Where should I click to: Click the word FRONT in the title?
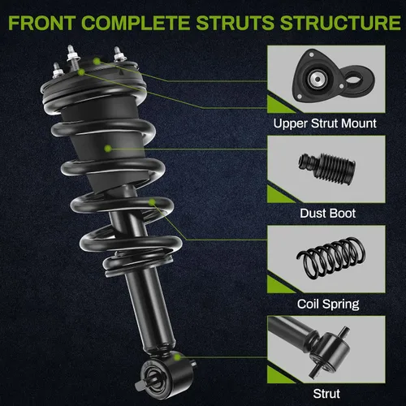[x=41, y=23]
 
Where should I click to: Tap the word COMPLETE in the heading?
[x=136, y=23]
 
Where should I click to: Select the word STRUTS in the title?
[x=235, y=23]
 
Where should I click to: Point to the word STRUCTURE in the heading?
[x=340, y=23]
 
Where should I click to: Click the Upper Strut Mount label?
[x=325, y=123]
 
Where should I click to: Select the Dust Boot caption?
[x=327, y=214]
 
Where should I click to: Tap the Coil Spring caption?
[x=328, y=304]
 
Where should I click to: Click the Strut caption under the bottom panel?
[x=326, y=394]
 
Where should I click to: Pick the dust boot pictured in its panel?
[x=327, y=169]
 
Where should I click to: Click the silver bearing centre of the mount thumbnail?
[x=317, y=79]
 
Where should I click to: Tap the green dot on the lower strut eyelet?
[x=177, y=357]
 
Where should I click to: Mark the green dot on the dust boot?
[x=108, y=149]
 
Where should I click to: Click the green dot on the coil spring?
[x=152, y=202]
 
